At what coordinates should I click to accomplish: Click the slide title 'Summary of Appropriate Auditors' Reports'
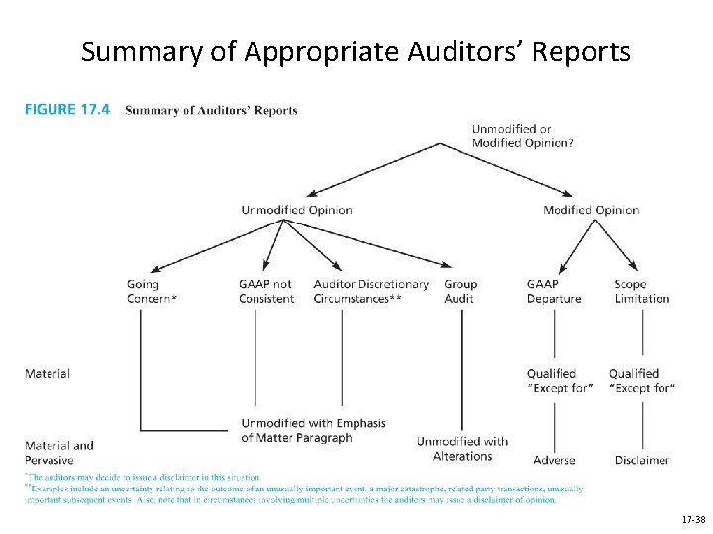point(356,51)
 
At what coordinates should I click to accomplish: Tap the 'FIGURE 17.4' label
point(66,110)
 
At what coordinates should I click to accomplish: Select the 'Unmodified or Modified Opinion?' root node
point(523,135)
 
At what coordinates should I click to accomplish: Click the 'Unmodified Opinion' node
point(296,210)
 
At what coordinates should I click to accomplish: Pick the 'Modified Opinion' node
point(590,210)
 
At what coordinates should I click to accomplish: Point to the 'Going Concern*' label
point(152,292)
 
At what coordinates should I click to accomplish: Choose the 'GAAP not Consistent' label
point(265,292)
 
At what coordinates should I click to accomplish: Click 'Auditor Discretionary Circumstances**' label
point(370,292)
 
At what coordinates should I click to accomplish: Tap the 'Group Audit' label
point(459,292)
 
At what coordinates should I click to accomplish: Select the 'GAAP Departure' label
point(554,292)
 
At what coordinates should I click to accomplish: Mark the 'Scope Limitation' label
point(641,292)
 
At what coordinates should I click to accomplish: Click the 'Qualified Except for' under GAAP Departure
point(560,381)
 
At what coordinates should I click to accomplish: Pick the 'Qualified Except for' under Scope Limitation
point(641,381)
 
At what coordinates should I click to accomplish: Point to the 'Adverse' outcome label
point(554,460)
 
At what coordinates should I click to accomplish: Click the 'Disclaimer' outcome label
point(642,460)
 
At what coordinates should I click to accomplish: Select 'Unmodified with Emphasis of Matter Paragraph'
point(313,430)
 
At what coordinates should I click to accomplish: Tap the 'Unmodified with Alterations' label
point(461,449)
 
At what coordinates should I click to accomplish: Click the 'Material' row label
point(47,374)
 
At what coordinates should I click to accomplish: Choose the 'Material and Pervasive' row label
point(58,452)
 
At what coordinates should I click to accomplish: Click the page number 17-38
point(692,519)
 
